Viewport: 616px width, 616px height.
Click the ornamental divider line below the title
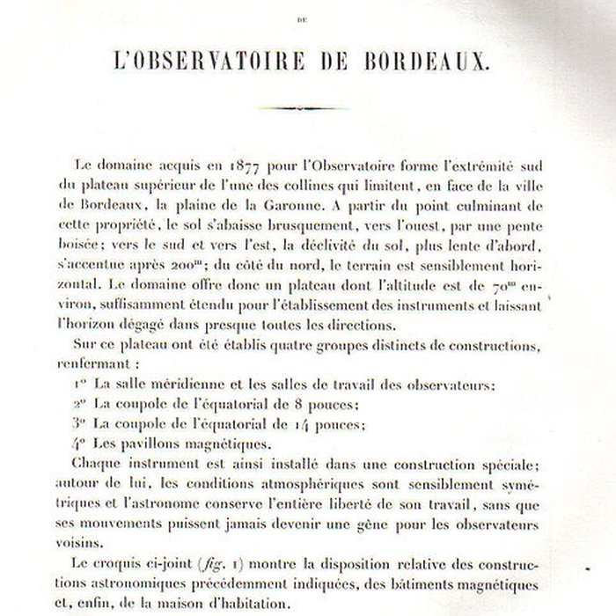(308, 108)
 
